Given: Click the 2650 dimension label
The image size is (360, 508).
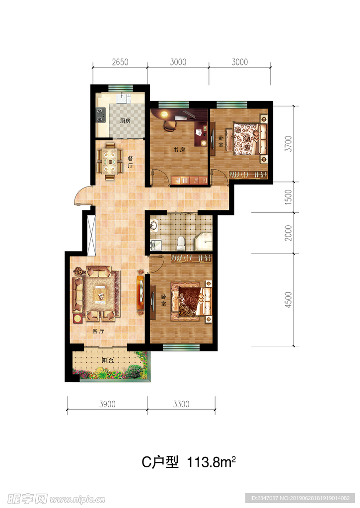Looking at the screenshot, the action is [x=120, y=62].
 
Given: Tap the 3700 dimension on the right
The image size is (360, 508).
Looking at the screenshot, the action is [x=288, y=144].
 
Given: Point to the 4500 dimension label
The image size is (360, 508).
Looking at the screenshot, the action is [x=288, y=299].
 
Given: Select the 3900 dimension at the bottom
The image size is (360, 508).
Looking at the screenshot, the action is [x=107, y=404].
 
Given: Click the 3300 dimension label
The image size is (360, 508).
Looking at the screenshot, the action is [x=181, y=404].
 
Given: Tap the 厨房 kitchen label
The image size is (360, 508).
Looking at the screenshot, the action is [x=125, y=121].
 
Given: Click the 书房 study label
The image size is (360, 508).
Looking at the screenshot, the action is [x=179, y=150].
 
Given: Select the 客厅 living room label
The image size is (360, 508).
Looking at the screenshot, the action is [x=98, y=331].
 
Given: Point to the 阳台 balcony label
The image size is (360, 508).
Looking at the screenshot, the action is [x=108, y=360].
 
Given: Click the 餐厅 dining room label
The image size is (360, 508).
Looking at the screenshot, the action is [x=131, y=162].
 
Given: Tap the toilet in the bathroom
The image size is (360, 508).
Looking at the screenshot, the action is [x=181, y=244].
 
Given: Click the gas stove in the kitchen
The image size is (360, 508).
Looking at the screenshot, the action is [x=100, y=115].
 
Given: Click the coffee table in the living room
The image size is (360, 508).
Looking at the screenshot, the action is [x=101, y=294].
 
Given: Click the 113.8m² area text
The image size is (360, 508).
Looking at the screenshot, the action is [x=211, y=462].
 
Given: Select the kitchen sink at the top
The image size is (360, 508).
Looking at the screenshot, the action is [x=122, y=98].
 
